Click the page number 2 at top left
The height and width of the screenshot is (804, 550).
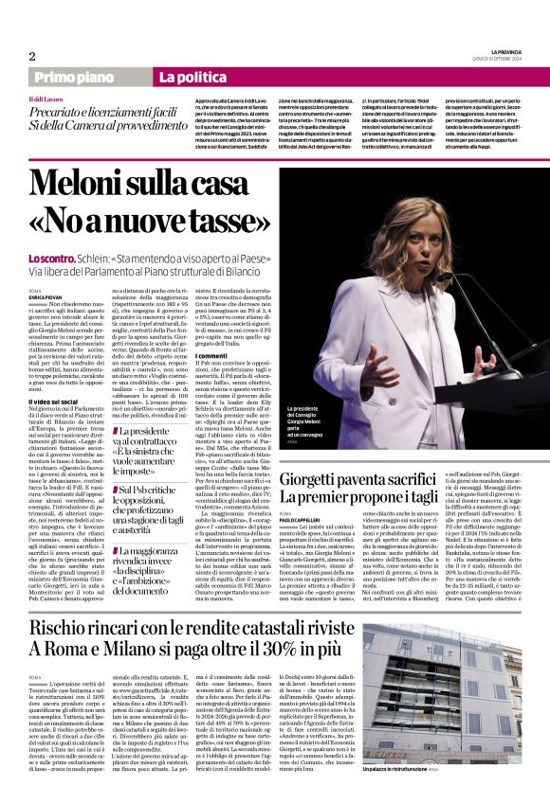tap(31, 56)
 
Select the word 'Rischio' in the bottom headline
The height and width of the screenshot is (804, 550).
tap(64, 628)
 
